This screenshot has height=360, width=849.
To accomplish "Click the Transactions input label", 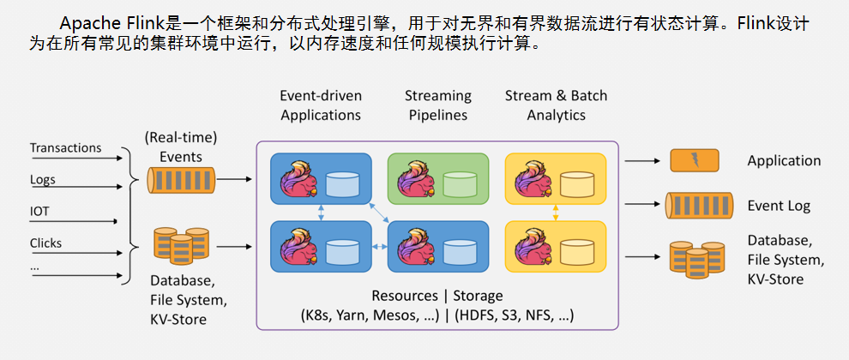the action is [65, 147].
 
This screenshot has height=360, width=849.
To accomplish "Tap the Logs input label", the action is [43, 180].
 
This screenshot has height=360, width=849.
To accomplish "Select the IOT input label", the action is [39, 211].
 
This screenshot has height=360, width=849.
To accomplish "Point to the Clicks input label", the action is [46, 243].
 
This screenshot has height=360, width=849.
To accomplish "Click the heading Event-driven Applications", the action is [321, 105].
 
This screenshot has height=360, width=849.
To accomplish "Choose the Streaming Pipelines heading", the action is [438, 105].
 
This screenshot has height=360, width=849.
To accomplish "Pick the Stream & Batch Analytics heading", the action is [556, 105].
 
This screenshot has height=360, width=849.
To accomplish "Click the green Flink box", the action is [438, 178].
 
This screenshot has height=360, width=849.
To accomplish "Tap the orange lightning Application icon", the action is [695, 161].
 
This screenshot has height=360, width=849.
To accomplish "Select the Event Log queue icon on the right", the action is [699, 206].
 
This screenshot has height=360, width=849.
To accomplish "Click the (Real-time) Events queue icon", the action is [182, 180].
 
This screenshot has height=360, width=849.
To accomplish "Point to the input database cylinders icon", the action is [182, 246].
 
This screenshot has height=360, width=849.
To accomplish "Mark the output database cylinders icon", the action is [697, 260].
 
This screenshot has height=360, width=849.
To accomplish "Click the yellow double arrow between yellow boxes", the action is [555, 213].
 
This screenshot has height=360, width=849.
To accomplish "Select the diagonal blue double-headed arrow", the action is [379, 213].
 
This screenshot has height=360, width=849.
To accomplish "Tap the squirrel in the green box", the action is [415, 179].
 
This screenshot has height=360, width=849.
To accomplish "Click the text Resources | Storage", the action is [437, 296].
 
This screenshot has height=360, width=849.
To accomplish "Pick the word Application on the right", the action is [784, 161].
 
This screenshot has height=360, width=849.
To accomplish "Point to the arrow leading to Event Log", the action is [642, 205].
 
